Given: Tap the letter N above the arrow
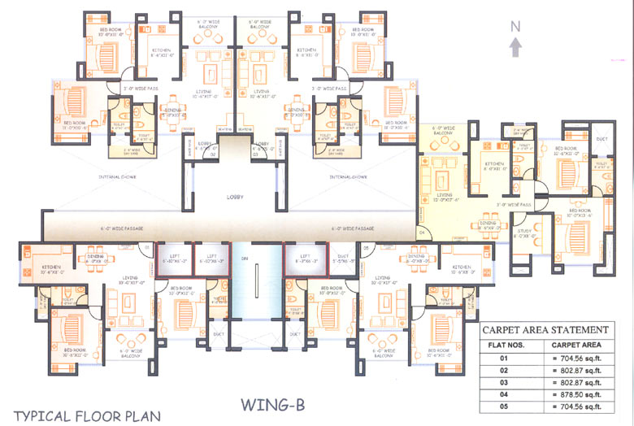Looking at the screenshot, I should click(x=515, y=26).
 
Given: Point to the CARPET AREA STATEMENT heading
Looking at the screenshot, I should click(x=545, y=330).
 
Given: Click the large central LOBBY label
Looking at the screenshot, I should click(x=235, y=197).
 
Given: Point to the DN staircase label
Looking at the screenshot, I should click(x=245, y=259).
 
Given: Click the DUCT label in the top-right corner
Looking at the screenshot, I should click(x=602, y=138).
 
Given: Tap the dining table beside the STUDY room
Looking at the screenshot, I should click(x=488, y=227).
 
